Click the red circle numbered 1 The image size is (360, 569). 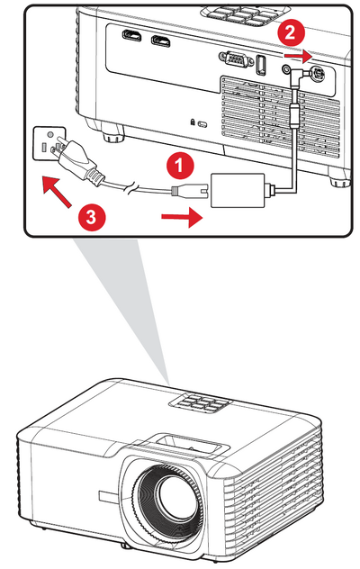(x=180, y=166)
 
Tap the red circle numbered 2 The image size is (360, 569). (x=290, y=33)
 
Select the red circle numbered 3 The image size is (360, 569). (x=91, y=217)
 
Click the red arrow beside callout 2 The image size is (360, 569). (x=298, y=56)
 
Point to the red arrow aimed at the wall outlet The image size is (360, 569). (x=56, y=191)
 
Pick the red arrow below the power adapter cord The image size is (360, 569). (x=182, y=217)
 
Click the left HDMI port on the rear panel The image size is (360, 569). (x=131, y=36)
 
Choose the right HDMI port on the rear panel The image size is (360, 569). (x=161, y=41)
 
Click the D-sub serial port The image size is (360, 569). (x=236, y=59)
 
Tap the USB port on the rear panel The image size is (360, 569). (x=261, y=65)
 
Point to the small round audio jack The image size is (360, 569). (x=286, y=68)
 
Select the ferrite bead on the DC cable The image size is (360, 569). (x=296, y=114)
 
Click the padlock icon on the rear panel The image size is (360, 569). (x=193, y=122)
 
